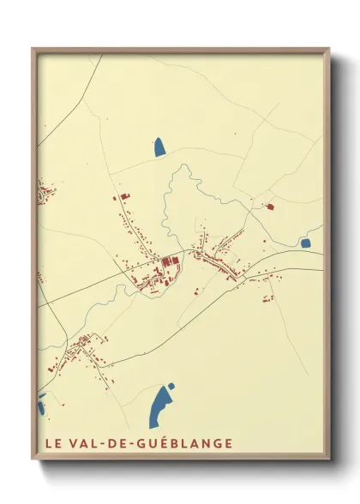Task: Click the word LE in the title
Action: coord(49,443)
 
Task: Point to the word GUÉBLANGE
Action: coord(186,443)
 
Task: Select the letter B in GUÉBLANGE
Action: coord(179,443)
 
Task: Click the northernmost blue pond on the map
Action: coord(159,147)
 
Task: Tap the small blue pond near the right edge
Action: coord(305,243)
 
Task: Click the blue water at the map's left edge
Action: coord(40,403)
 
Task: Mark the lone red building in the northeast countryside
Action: coord(269,207)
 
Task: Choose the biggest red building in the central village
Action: coord(166,261)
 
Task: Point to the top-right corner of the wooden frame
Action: coord(329,49)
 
